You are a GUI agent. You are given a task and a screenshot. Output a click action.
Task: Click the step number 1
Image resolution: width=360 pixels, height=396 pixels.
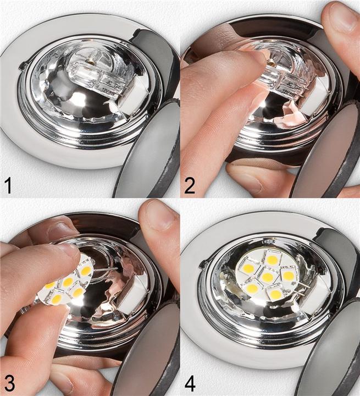8,185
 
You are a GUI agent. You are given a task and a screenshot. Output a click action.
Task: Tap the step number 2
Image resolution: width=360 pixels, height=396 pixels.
190,185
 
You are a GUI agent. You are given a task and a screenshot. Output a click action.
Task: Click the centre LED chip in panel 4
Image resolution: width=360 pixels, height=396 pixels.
267,277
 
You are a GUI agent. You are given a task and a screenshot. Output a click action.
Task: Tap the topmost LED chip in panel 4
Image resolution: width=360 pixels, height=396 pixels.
272,260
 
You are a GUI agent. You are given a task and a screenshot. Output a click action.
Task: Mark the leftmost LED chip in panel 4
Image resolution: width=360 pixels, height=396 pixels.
248,268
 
